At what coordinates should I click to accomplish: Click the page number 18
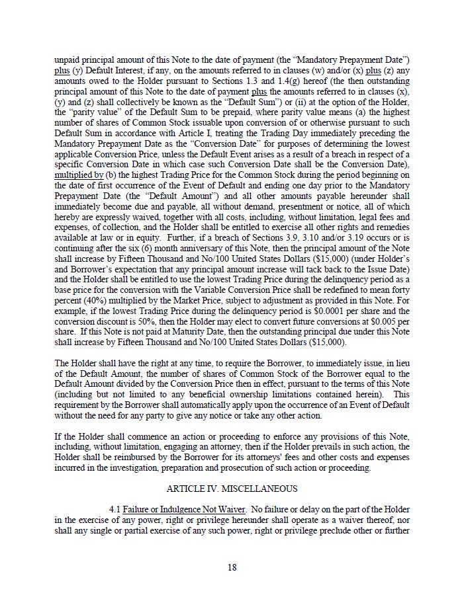(232, 567)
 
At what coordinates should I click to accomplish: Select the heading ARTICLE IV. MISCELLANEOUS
(232, 489)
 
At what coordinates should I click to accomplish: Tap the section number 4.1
(115, 509)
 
